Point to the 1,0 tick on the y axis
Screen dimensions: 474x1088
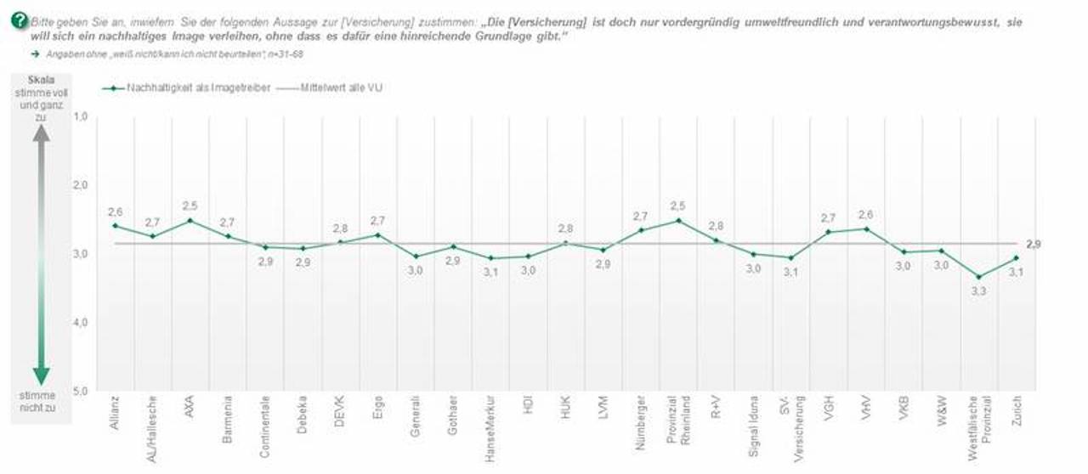(81, 116)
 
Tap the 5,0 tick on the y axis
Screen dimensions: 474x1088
(81, 392)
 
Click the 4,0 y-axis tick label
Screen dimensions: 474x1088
(81, 323)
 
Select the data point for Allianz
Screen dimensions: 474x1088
(116, 225)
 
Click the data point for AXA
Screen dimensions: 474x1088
(190, 220)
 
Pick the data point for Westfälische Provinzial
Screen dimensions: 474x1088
(978, 277)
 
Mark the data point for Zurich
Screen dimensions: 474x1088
(1016, 258)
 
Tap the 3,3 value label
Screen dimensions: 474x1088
(978, 291)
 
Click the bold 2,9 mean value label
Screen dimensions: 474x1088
(1034, 245)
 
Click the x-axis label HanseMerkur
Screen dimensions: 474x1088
(490, 426)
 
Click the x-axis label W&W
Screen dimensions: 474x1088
(942, 409)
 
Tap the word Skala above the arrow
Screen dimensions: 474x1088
(41, 80)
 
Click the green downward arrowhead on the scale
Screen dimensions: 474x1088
(41, 376)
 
